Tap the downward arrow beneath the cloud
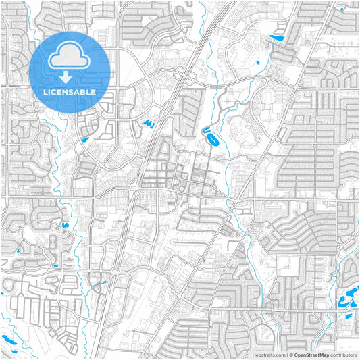click(70, 74)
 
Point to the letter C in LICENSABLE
click(55, 91)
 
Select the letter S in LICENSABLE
click(74, 91)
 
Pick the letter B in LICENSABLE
click(87, 91)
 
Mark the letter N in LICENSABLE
click(68, 91)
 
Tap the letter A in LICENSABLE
click(80, 91)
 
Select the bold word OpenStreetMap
click(311, 355)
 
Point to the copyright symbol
click(291, 355)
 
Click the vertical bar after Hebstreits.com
click(286, 355)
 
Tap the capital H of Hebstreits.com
click(254, 355)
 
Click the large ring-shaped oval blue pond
click(211, 140)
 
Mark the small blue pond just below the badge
click(84, 139)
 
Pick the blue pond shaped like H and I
click(149, 124)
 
